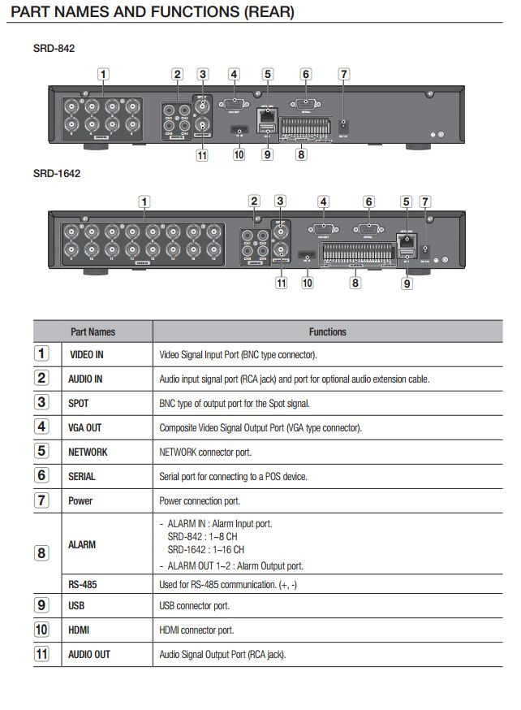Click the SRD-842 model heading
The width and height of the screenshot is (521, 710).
(54, 49)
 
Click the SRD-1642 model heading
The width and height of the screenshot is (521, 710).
(57, 173)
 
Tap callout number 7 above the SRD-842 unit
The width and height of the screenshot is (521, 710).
(344, 75)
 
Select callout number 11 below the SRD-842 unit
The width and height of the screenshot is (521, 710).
(202, 154)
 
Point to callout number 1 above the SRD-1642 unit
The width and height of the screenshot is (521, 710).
(144, 201)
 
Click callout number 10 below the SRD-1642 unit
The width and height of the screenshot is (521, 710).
(307, 283)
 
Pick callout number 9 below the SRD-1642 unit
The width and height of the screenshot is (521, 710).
(407, 283)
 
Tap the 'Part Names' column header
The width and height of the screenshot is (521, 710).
(93, 331)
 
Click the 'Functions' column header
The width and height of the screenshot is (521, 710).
(327, 331)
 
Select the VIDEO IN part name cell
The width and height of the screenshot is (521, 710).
(87, 355)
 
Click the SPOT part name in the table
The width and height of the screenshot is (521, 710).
(79, 403)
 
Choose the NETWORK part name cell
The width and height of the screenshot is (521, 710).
(88, 452)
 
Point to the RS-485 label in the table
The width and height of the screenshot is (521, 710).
(81, 584)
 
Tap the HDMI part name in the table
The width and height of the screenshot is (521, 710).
(79, 630)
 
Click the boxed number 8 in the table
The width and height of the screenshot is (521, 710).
(41, 554)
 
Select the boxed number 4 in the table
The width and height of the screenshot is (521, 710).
(41, 426)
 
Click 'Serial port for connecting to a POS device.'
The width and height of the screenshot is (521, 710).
(233, 476)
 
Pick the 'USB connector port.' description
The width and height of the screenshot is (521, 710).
(194, 606)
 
